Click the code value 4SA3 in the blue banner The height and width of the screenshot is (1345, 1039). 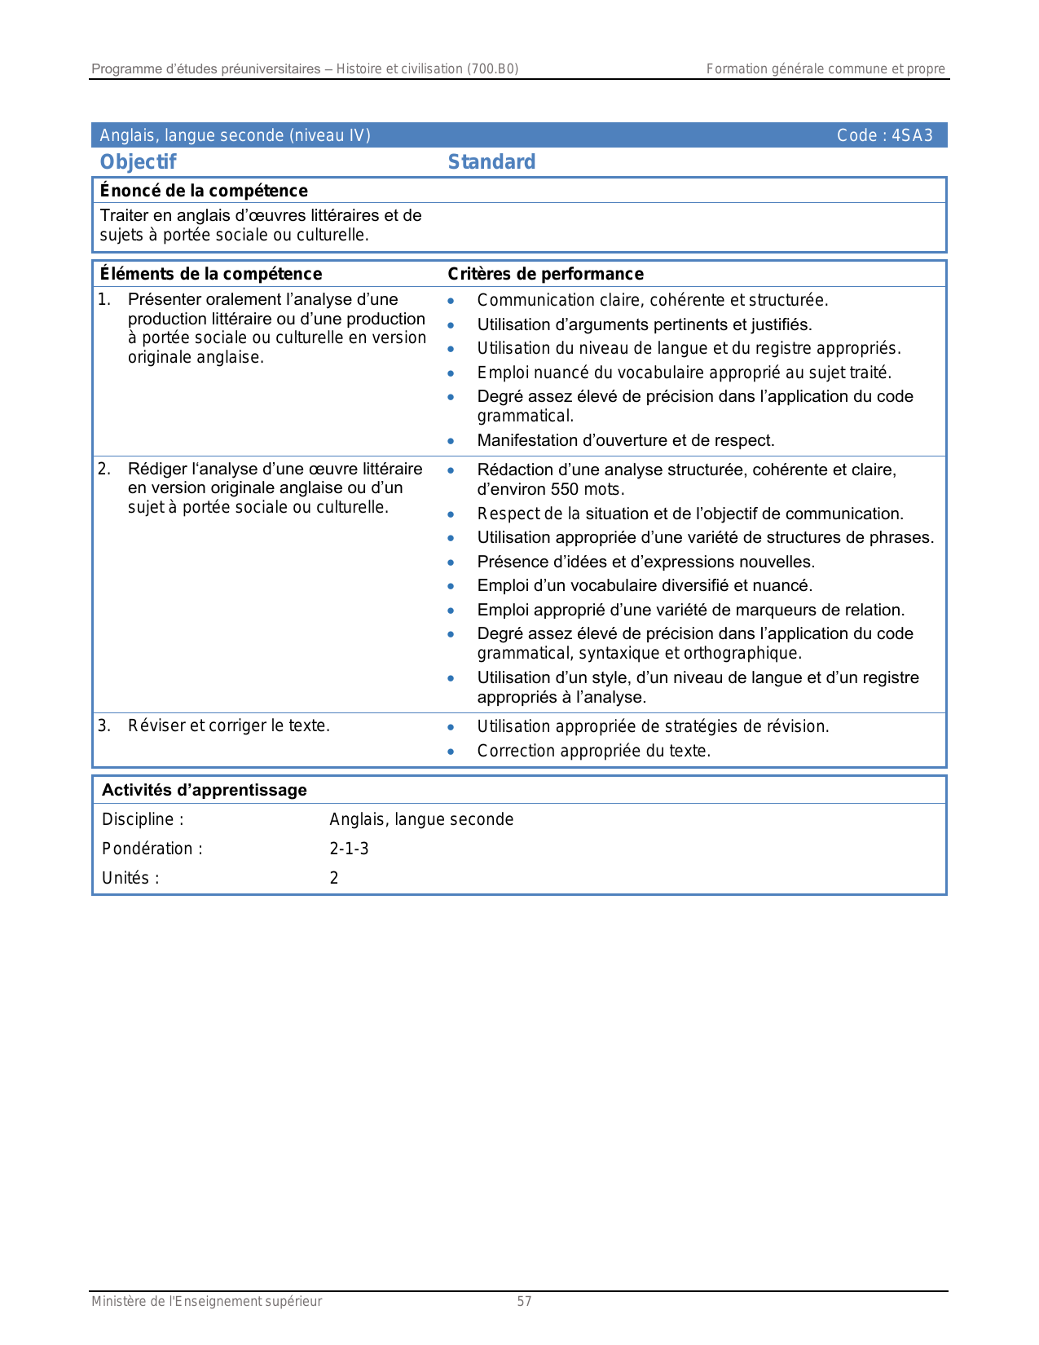coord(912,135)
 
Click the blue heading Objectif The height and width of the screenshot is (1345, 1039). coord(138,162)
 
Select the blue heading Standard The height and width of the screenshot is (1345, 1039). coord(491,162)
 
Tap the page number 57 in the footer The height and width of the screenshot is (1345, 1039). coord(524,1302)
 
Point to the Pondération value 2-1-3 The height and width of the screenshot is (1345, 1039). coord(349,849)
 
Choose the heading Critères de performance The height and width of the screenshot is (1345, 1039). coord(545,274)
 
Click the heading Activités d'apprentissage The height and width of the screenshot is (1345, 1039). coord(204,790)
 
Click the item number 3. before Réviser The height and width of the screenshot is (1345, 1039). coord(104,725)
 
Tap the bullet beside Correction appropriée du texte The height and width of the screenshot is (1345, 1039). coord(451,752)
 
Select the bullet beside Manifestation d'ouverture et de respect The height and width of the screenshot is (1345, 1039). coord(451,441)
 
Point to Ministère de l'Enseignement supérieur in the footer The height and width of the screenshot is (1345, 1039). coord(206,1302)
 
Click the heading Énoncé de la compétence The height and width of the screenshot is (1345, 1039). coord(204,191)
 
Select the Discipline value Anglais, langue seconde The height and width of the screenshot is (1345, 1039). coord(421,819)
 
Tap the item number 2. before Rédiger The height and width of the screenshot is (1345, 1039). coord(104,469)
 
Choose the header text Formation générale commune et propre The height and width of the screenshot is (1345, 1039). coord(825,69)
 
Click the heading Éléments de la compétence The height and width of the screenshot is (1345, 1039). coord(210,274)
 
